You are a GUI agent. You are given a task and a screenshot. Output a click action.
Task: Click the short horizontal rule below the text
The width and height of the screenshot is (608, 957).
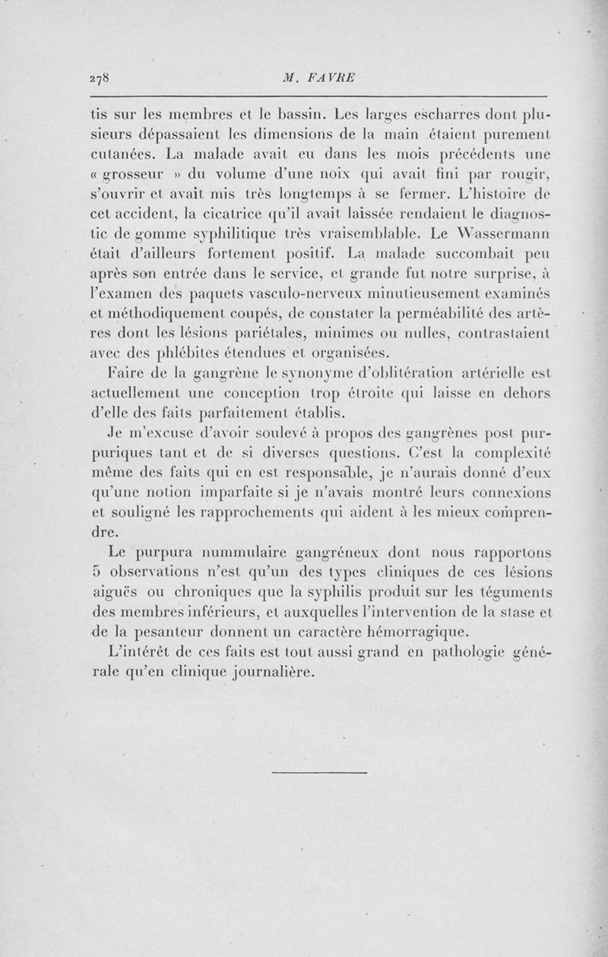(x=319, y=772)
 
